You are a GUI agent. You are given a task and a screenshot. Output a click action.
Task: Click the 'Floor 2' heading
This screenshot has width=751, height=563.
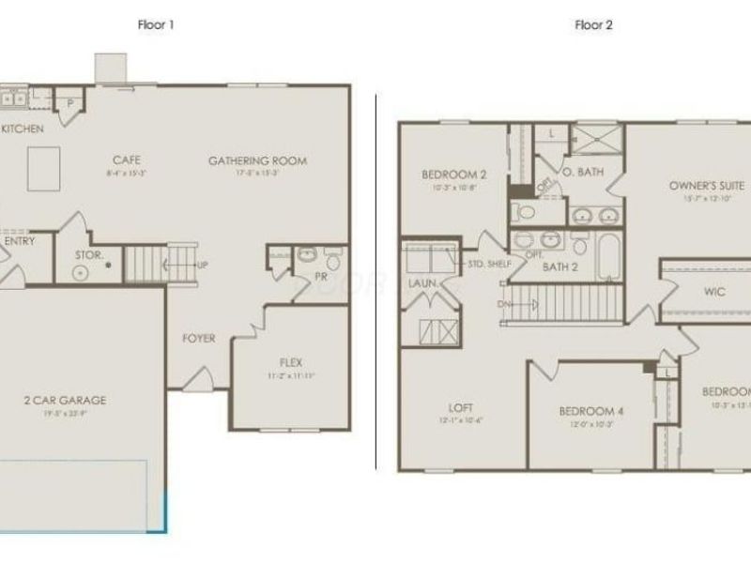593,25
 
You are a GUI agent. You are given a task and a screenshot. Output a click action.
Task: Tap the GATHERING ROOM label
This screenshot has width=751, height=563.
257,160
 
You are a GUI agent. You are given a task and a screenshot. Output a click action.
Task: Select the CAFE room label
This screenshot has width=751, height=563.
127,160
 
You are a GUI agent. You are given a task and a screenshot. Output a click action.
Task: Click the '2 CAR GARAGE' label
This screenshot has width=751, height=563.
65,400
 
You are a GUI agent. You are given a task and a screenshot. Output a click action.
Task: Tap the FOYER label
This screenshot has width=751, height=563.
198,339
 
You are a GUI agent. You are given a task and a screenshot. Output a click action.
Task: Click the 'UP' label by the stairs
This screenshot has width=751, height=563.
203,265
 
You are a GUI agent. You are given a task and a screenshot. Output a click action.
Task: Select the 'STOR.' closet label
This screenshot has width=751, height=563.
89,253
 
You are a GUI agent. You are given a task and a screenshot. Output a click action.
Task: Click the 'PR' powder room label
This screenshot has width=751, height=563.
320,277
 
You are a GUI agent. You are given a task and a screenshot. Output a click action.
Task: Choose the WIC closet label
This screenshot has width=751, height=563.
714,292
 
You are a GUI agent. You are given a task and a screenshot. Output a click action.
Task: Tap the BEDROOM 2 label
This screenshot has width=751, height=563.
453,174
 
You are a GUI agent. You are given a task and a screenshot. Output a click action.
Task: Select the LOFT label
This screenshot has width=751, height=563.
460,407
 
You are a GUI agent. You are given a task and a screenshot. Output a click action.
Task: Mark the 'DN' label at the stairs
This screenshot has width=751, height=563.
504,303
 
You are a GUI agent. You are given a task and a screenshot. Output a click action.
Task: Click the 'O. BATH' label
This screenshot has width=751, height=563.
582,172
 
